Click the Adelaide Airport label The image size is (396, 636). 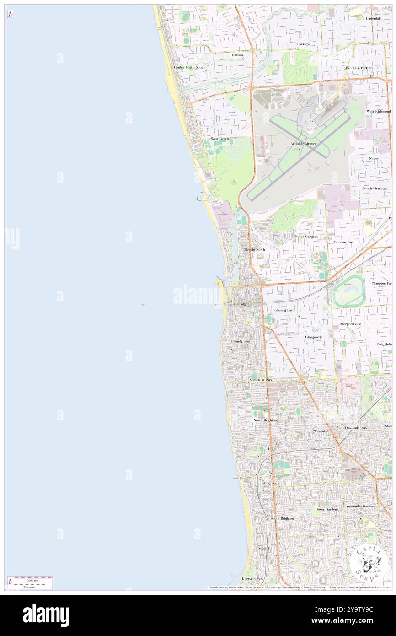pos(303,143)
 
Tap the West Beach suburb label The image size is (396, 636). pos(219,138)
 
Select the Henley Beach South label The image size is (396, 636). pos(189,67)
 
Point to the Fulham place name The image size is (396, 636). pos(237,55)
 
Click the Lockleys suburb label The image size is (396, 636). pos(304,44)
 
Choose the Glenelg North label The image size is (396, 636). pos(254,249)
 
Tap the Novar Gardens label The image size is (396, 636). pos(306,237)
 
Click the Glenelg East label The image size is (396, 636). pos(284,310)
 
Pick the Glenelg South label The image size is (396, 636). pos(241,341)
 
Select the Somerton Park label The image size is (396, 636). pos(261,380)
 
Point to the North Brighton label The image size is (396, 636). pos(265,420)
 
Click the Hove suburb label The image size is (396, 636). pos(272,449)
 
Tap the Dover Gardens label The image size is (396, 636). pos(326,509)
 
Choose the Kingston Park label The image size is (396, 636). pos(253,578)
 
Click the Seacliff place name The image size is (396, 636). pos(264,548)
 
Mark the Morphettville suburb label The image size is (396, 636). pos(350,323)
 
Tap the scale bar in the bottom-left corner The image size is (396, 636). pos(30,582)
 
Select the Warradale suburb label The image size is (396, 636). pos(321,431)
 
